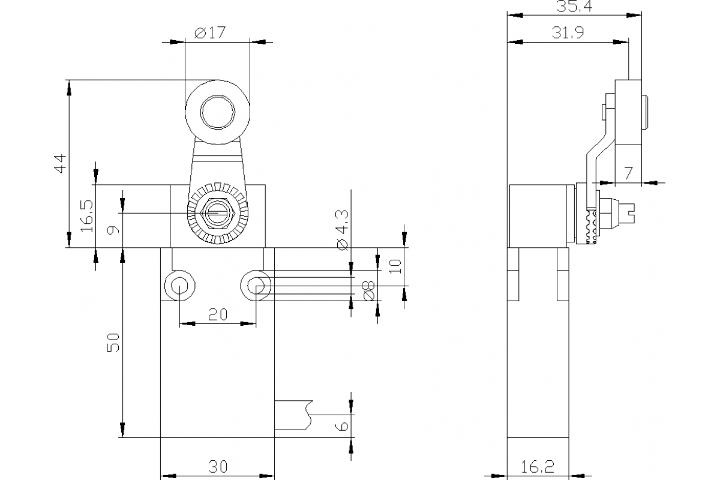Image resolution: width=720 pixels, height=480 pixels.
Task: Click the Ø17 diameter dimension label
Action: tap(210, 33)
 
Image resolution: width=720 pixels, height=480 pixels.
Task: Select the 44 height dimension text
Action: tap(59, 163)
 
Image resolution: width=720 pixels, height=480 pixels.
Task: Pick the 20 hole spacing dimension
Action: tap(217, 314)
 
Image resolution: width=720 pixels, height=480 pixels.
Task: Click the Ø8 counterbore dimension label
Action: tap(368, 290)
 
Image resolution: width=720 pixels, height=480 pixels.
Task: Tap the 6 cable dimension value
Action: tap(341, 426)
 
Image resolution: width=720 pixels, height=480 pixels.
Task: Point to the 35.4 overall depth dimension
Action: tap(571, 7)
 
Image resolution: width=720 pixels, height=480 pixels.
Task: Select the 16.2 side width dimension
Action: tap(538, 466)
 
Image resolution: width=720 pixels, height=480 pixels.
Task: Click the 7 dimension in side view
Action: tap(628, 173)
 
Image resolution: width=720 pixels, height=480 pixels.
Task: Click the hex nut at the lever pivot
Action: tap(217, 213)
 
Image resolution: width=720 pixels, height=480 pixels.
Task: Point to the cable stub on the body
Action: tap(293, 415)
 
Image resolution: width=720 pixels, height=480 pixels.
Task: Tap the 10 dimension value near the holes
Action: tap(394, 266)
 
